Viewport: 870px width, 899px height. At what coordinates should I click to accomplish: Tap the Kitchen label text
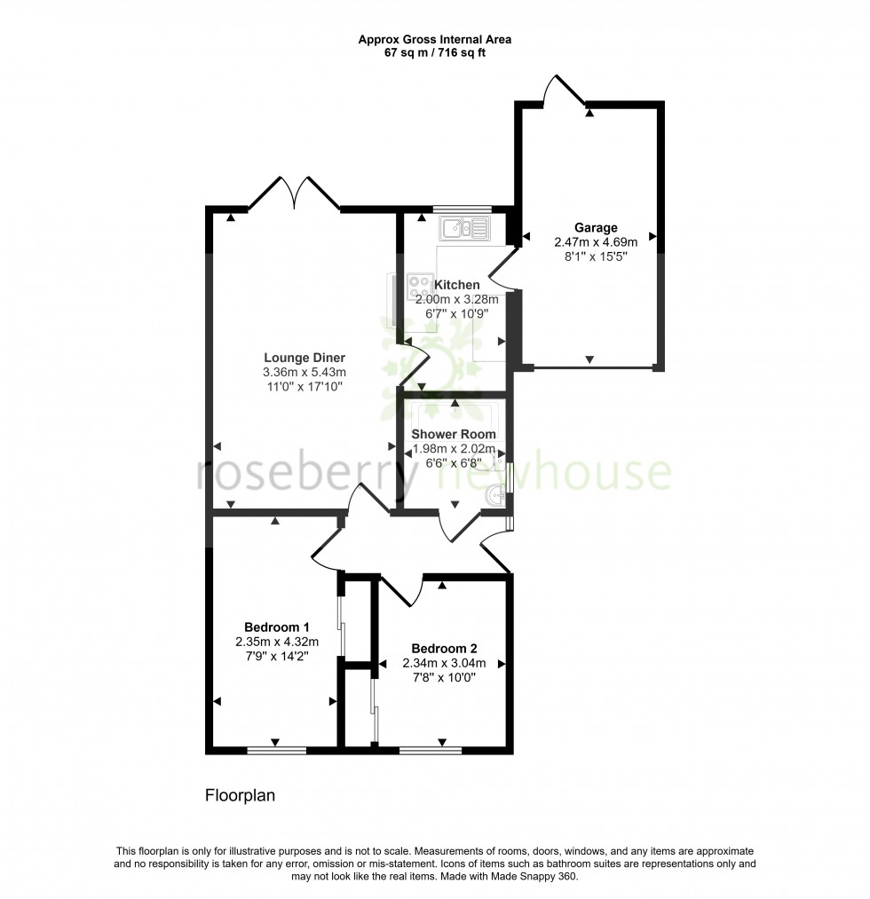(457, 285)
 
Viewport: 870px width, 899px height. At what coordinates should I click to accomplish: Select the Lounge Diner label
(304, 358)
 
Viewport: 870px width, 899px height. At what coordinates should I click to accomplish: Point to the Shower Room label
(454, 434)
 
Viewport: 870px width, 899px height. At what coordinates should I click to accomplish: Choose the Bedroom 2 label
(444, 647)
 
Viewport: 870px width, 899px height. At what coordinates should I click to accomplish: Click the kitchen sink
(463, 229)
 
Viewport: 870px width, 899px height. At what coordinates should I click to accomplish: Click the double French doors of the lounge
(293, 194)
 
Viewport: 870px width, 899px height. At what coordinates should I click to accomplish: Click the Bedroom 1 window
(276, 751)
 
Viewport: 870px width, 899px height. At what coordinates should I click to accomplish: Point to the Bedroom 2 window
(431, 751)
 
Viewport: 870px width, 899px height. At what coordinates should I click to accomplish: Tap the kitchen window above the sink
(462, 209)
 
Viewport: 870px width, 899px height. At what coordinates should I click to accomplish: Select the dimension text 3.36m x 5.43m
(304, 372)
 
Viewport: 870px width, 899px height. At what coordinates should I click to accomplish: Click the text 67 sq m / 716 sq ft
(434, 52)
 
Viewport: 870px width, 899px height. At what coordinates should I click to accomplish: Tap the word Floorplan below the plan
(241, 795)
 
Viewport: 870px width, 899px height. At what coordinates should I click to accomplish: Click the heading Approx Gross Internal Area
(434, 39)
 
